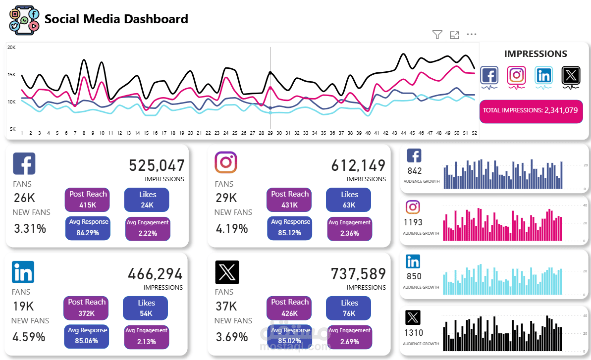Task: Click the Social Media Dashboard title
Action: coord(116,19)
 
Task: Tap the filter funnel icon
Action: coord(437,34)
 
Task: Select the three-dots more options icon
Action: coord(472,34)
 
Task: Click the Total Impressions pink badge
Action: coord(531,110)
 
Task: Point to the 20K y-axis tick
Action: coord(11,48)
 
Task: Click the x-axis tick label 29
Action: coord(270,133)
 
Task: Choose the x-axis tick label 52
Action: coord(474,133)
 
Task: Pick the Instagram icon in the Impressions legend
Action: coord(517,75)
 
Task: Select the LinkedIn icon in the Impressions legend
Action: coord(544,75)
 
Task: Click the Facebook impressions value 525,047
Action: coord(157,165)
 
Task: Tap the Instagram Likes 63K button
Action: coord(349,200)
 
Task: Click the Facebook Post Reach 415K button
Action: coord(88,200)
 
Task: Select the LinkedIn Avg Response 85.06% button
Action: coord(87,336)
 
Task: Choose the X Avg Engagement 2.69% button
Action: coord(349,336)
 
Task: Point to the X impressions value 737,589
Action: coord(358,273)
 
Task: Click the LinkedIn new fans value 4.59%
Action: coord(29,337)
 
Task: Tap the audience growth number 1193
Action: coord(413,222)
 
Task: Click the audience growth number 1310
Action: coord(414,333)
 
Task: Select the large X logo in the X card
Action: coord(227,272)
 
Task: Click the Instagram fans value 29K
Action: coord(226,198)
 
